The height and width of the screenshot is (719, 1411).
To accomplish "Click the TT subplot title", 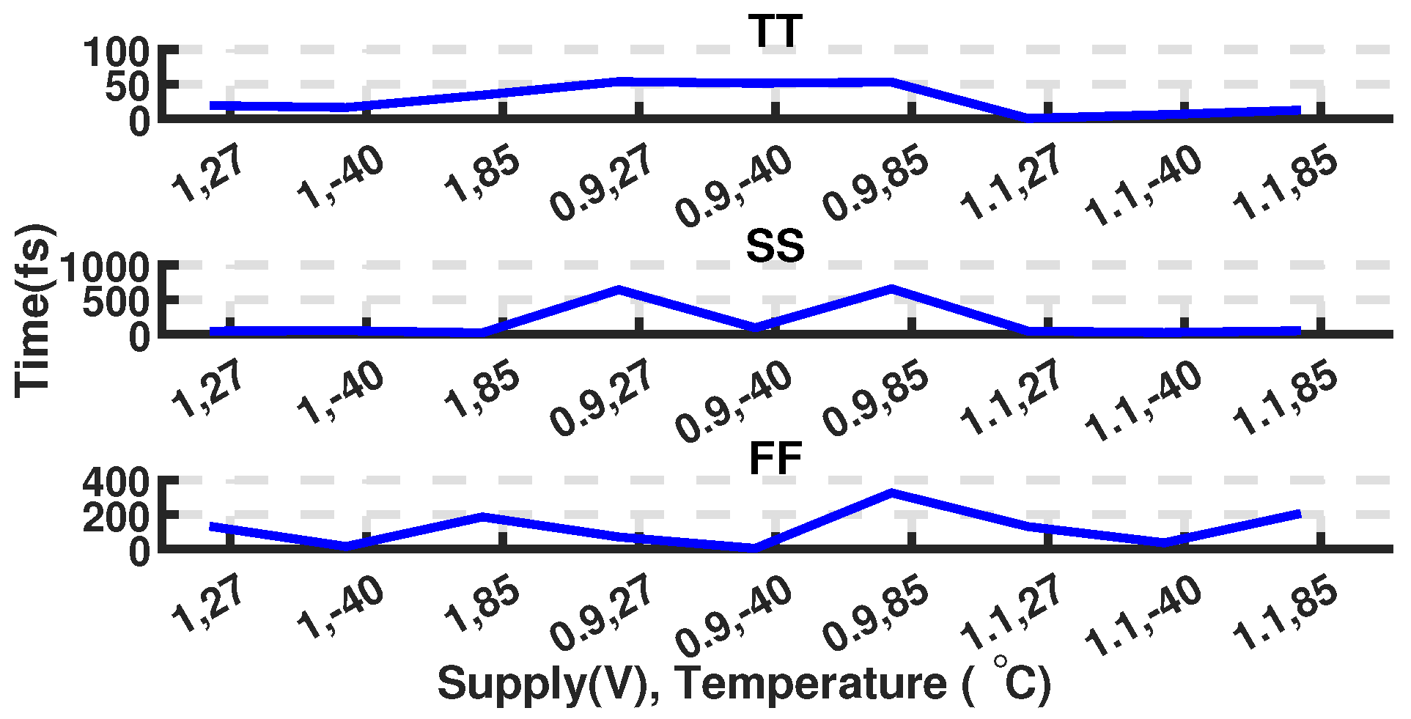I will pos(775,32).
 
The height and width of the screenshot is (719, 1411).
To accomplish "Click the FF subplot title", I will pos(775,460).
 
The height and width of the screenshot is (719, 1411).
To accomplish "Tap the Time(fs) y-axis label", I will pos(34,311).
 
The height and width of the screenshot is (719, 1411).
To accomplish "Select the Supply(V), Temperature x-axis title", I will pos(744,683).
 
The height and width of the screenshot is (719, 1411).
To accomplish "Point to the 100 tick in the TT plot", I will pos(116,53).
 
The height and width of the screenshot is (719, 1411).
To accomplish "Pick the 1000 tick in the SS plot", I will pos(105,267).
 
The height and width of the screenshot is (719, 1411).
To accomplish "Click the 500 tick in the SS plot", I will pos(116,300).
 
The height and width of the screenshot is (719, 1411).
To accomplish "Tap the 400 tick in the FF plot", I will pos(116,482).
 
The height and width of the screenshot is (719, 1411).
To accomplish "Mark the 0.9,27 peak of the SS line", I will pos(619,290).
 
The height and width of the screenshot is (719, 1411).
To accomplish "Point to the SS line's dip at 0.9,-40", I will pos(756,327).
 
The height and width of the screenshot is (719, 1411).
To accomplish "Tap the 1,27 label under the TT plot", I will pos(207,175).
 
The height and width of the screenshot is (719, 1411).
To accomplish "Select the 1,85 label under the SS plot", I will pos(482,389).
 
